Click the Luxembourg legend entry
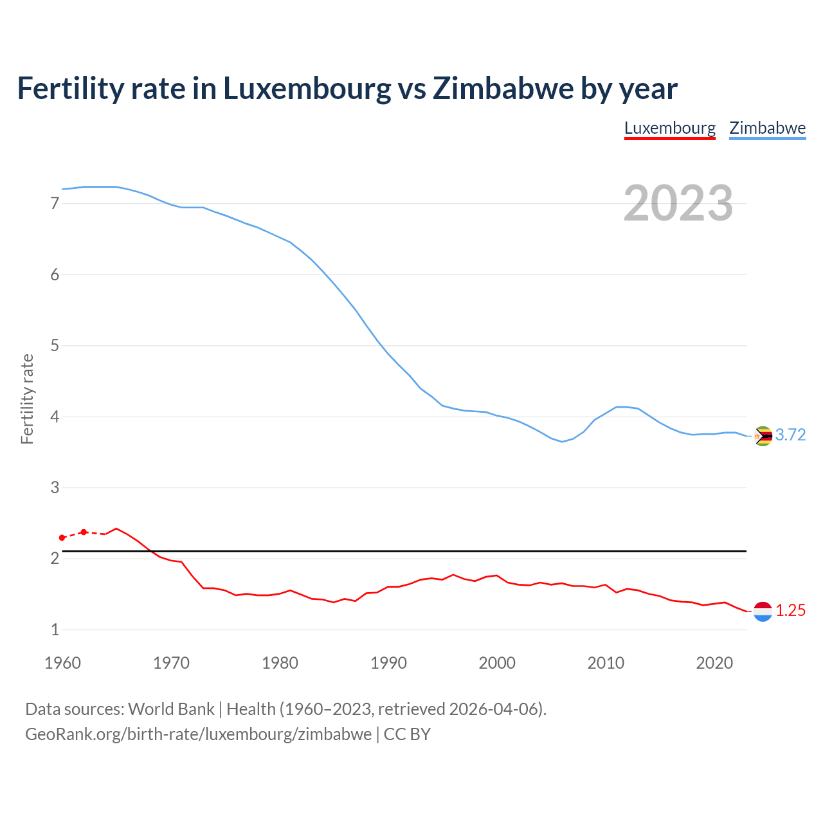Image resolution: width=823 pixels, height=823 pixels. [669, 128]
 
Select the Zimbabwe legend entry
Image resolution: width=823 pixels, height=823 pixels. [767, 128]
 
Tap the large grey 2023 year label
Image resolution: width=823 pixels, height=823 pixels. [678, 203]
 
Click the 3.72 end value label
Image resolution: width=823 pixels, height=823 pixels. [790, 435]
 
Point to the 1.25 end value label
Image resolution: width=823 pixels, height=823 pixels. [790, 611]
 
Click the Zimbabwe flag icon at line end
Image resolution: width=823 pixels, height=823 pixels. [763, 436]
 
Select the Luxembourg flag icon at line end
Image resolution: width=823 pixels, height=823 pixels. [763, 611]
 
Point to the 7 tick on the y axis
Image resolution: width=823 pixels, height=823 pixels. [55, 204]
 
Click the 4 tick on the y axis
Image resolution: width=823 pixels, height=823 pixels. [55, 417]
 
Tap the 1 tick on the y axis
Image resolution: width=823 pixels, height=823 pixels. [55, 630]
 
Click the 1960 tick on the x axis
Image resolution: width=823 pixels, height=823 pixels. [62, 663]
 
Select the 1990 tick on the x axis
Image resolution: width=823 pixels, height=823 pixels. [388, 663]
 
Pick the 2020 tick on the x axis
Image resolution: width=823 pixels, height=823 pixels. [714, 663]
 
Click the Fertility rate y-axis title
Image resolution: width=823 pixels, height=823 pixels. [27, 399]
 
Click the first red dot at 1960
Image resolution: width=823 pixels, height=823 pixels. [62, 538]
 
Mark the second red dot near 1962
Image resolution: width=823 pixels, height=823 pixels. [84, 532]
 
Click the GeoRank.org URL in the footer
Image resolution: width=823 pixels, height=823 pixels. [198, 734]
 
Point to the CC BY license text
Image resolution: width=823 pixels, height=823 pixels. [407, 734]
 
